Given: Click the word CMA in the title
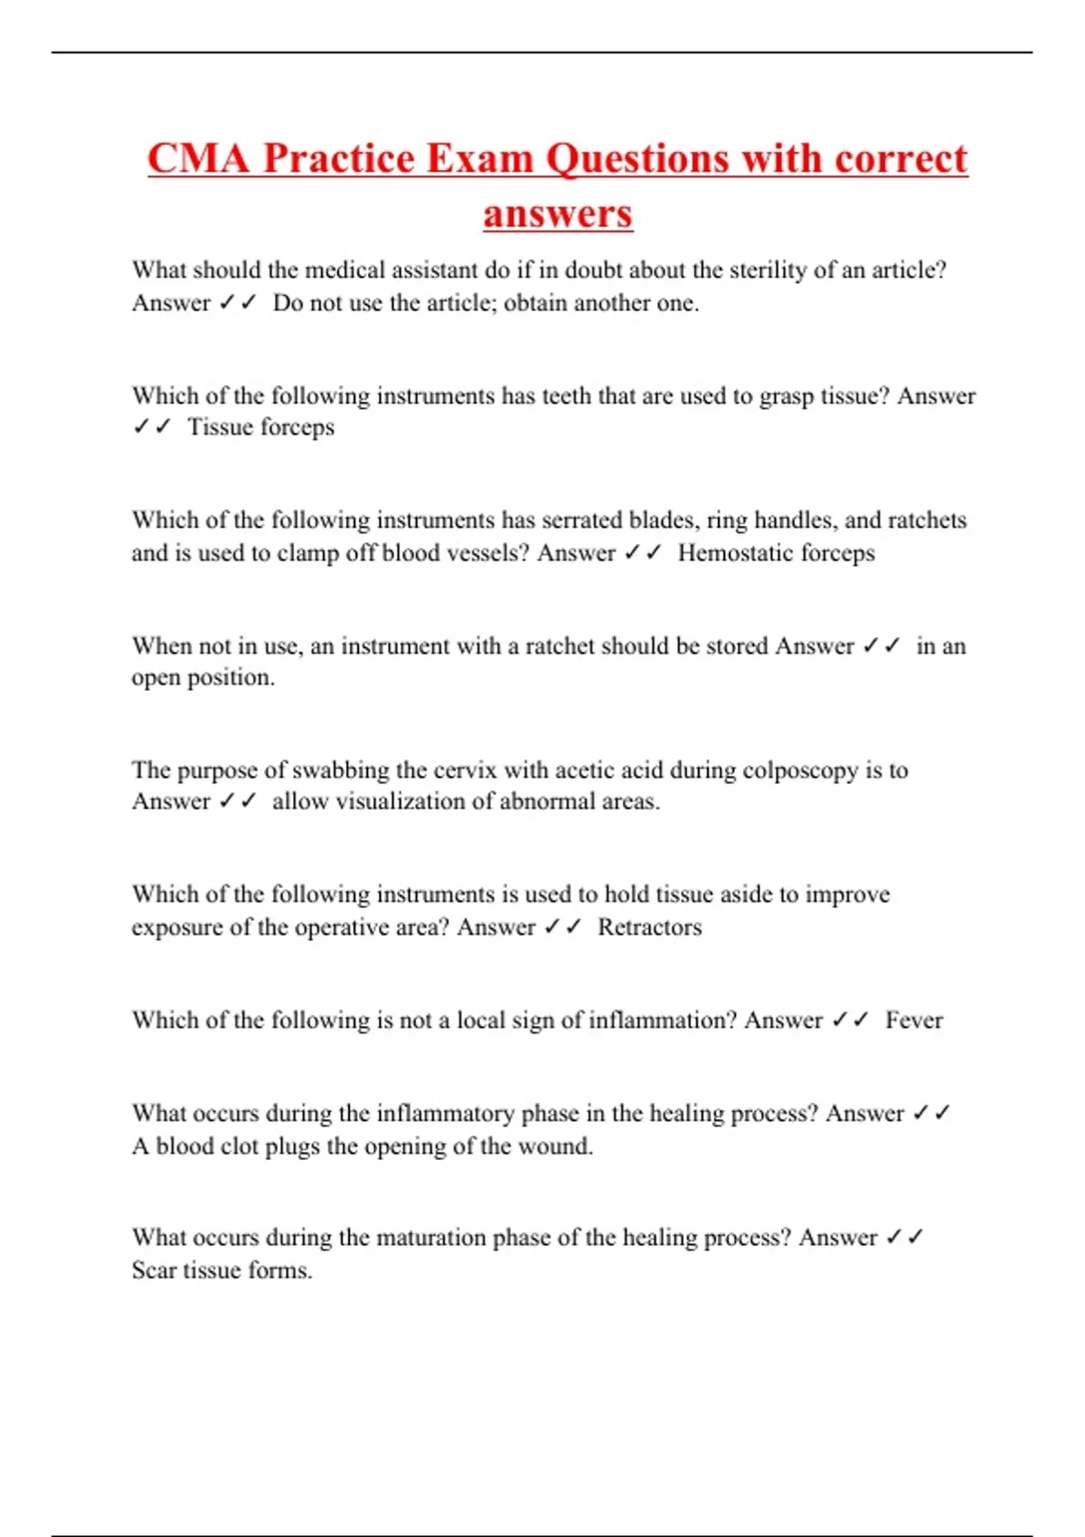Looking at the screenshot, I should coord(198,159).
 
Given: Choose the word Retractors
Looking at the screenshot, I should coord(649,927).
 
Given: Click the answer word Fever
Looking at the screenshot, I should coord(913,1020).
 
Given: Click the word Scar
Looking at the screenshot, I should coord(154,1270).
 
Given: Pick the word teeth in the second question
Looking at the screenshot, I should coord(566,396).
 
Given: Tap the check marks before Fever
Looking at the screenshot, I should coord(849,1020).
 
